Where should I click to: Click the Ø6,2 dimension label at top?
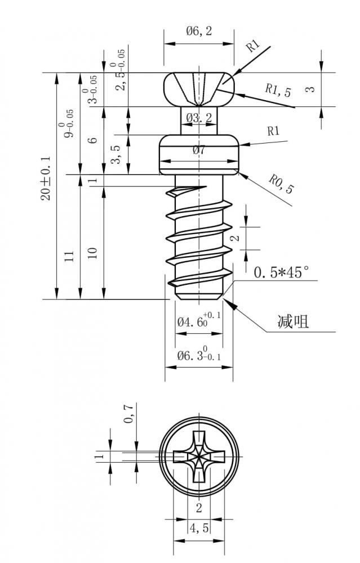point(199,31)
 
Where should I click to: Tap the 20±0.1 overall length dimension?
point(46,178)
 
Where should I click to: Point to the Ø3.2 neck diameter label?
point(199,117)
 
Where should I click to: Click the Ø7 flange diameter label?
point(199,149)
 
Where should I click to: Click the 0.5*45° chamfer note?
point(281,272)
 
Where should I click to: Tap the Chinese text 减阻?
point(293,321)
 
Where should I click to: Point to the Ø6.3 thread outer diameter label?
point(199,354)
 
